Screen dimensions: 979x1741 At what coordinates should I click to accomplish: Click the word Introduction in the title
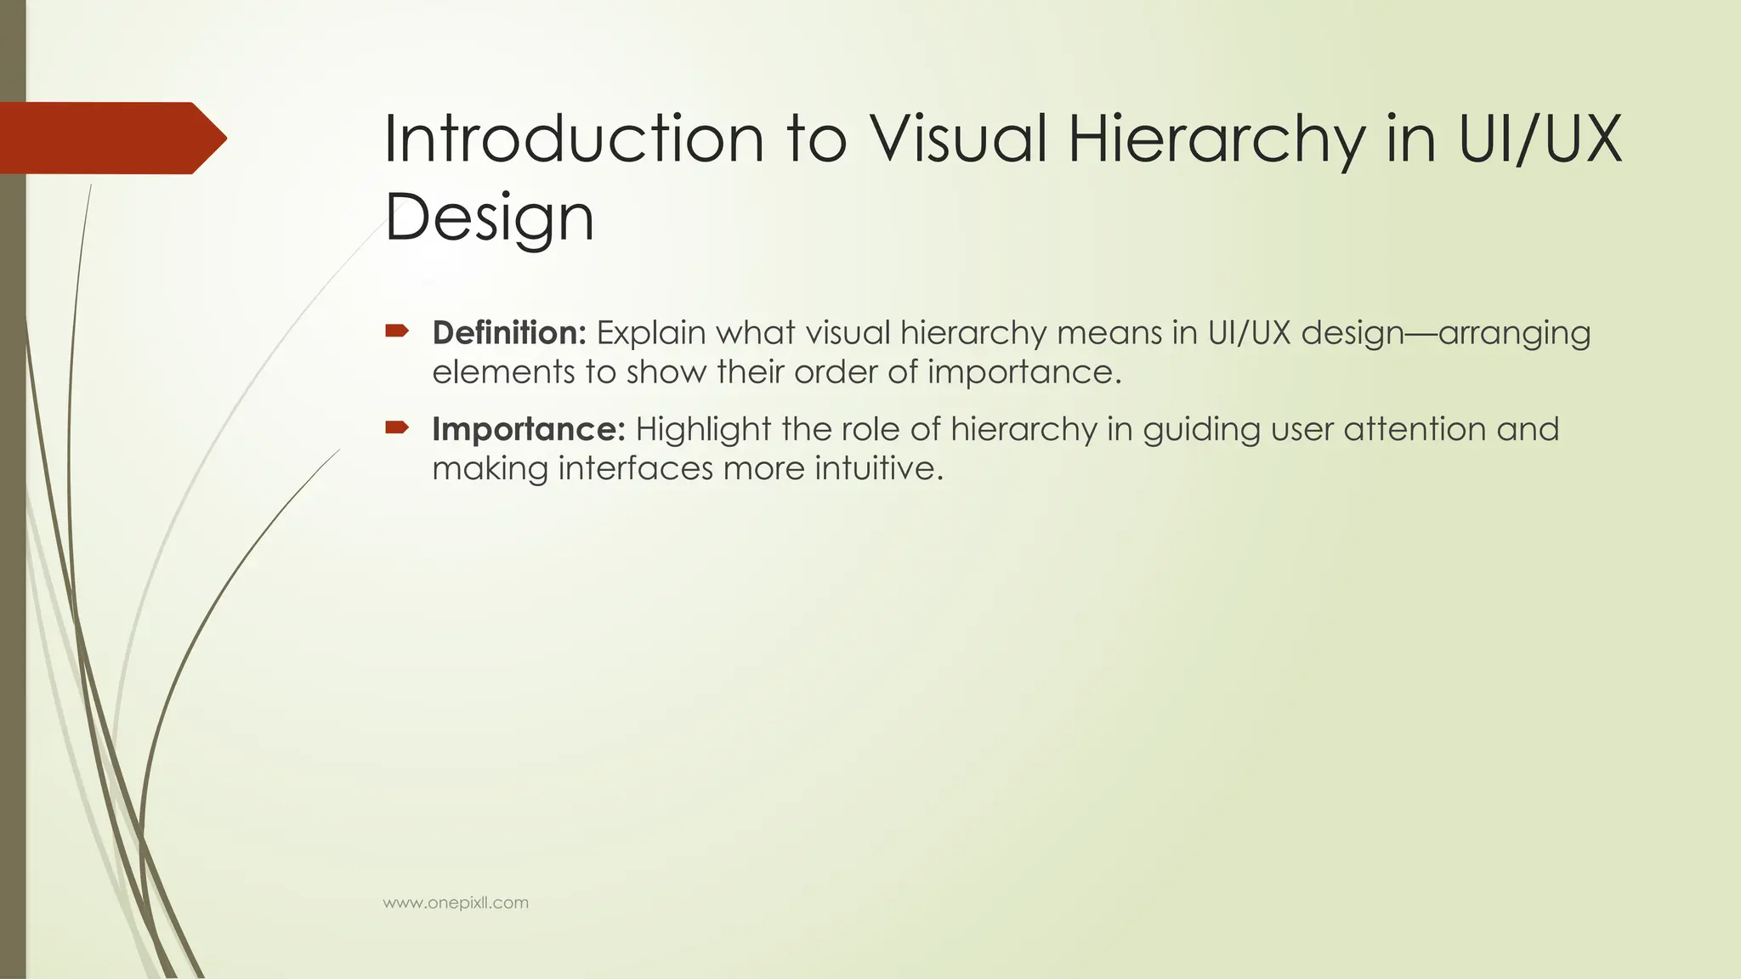point(574,139)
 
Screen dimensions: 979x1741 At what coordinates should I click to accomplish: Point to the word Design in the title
point(490,218)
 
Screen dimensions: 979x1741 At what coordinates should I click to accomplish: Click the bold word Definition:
point(509,333)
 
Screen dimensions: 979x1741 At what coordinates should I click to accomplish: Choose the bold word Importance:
point(529,429)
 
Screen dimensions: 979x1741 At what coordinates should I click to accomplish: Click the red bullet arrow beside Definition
point(397,331)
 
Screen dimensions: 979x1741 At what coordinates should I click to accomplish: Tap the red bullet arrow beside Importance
point(397,427)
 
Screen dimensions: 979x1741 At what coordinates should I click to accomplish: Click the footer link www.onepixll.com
point(456,903)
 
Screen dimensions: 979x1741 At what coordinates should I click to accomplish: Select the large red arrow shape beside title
point(111,138)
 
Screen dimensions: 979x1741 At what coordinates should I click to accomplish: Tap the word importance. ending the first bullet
point(1024,372)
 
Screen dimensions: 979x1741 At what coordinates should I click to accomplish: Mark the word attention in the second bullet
point(1415,429)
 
